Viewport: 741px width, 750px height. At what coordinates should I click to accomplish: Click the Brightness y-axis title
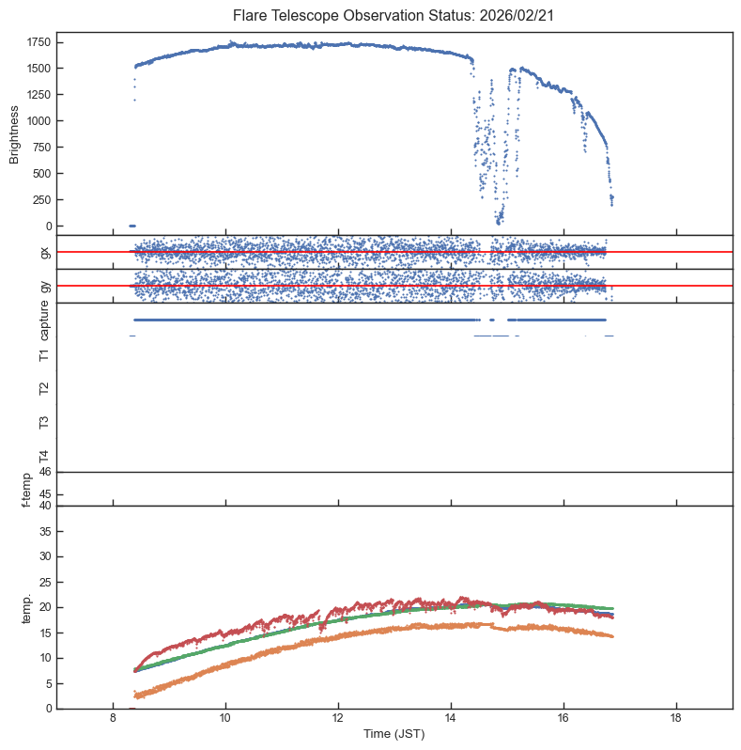click(x=15, y=133)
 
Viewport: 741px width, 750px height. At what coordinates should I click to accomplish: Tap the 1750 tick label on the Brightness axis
click(x=39, y=42)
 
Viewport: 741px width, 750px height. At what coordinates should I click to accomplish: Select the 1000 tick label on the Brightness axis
click(x=39, y=121)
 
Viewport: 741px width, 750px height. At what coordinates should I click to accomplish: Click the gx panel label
click(x=44, y=252)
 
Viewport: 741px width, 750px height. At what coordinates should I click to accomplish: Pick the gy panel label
click(x=44, y=286)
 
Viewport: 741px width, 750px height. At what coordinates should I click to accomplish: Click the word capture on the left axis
click(x=44, y=320)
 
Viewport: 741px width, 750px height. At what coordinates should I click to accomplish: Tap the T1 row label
click(x=44, y=354)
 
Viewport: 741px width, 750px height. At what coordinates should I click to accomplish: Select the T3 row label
click(x=44, y=422)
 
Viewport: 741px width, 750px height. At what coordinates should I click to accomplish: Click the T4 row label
click(x=44, y=456)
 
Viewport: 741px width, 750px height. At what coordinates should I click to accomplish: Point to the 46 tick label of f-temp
click(x=44, y=472)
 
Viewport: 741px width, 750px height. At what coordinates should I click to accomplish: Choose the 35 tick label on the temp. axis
click(x=44, y=531)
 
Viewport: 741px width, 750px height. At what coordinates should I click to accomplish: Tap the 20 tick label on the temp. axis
click(x=44, y=607)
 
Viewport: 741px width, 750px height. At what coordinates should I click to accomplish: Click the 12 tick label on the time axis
click(x=338, y=719)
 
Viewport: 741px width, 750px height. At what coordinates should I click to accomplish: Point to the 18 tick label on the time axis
click(x=675, y=719)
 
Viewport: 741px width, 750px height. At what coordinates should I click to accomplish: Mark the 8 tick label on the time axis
click(x=113, y=719)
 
